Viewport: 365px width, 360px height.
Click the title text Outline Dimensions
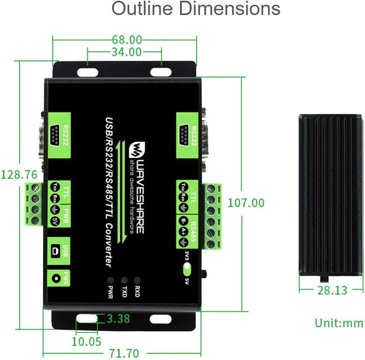click(x=196, y=9)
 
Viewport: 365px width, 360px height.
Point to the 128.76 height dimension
click(x=19, y=175)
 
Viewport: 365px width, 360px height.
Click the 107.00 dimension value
click(x=246, y=203)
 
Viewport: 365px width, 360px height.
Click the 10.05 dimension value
click(x=86, y=341)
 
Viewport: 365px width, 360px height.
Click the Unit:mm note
click(x=339, y=323)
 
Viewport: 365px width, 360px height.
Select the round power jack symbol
click(x=55, y=277)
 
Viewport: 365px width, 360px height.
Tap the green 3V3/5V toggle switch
click(x=187, y=268)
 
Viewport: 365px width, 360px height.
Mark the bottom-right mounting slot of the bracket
click(x=160, y=318)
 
